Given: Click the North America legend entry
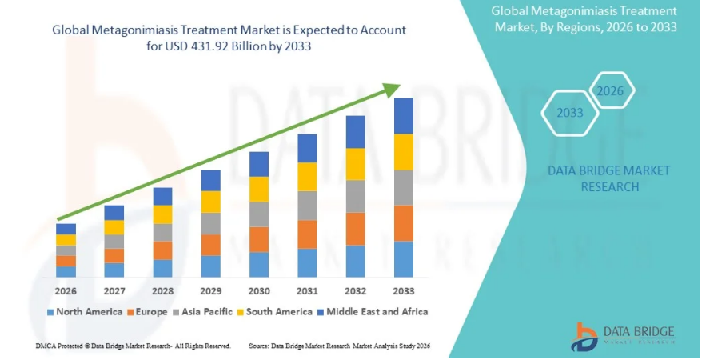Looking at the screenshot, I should (85, 311).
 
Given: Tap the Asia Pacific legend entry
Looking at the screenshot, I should (205, 311).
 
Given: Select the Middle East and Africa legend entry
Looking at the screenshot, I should (371, 311).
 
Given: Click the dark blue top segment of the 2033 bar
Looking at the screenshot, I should (404, 116).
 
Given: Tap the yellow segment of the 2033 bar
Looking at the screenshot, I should (404, 152).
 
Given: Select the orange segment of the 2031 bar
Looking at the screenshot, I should (307, 234).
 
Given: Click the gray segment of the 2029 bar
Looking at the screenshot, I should (211, 223).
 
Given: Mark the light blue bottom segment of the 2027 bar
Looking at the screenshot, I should (114, 270).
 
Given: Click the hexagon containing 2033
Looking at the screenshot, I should (570, 113).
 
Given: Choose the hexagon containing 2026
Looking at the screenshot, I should (611, 90).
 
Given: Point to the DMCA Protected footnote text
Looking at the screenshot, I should (133, 346).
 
